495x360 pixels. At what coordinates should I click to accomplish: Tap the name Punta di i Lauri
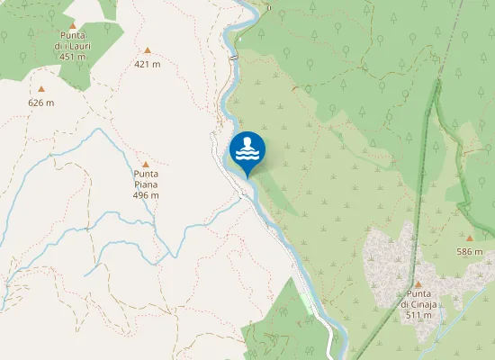71,40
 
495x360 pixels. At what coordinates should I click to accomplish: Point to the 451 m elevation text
71,56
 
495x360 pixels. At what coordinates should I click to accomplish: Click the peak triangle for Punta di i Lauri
71,26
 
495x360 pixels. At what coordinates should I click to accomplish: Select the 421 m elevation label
147,64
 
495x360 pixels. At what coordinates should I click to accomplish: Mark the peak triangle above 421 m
147,50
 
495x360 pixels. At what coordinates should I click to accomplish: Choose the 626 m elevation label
41,103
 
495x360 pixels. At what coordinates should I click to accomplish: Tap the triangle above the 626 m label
41,89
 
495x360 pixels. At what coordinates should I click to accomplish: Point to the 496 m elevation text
146,194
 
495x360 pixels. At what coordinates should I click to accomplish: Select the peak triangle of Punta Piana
146,164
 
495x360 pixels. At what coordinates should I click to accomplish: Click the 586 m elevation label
469,251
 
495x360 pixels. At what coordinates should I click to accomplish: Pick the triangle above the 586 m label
469,238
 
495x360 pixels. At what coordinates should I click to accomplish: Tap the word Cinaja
425,304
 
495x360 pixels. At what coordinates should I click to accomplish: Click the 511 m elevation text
418,315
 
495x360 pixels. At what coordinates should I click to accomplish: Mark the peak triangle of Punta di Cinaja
418,283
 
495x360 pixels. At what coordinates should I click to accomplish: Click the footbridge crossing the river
233,58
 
